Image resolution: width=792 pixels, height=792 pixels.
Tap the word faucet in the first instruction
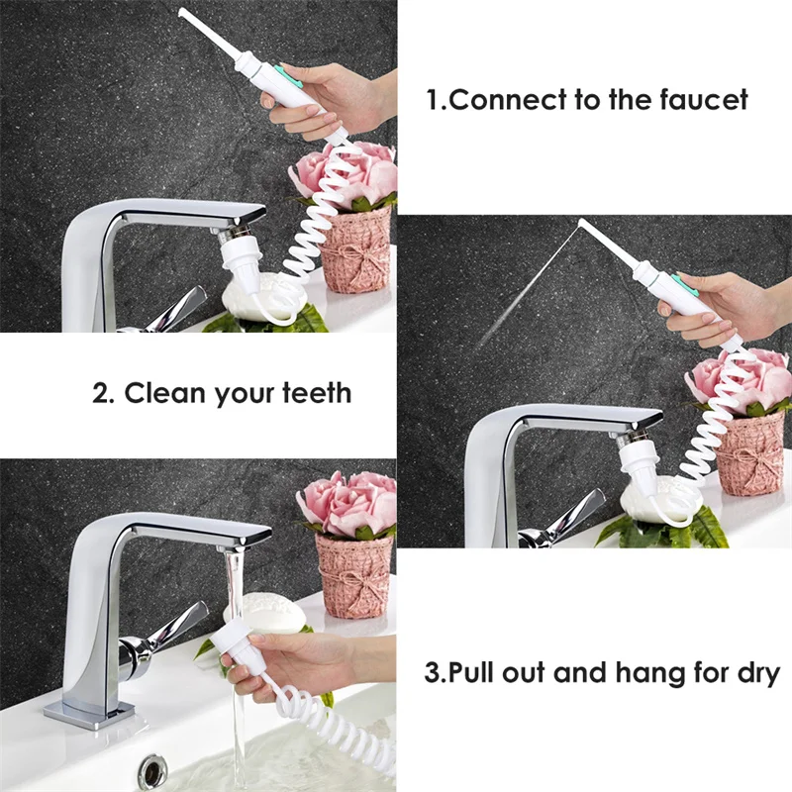[x=701, y=100]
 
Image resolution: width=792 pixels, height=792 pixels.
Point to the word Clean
[x=163, y=393]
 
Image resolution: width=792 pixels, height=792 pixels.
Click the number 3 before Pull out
[x=433, y=674]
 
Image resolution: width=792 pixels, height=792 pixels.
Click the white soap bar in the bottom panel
[x=262, y=611]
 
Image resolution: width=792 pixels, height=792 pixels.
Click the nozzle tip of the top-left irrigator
[x=183, y=12]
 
